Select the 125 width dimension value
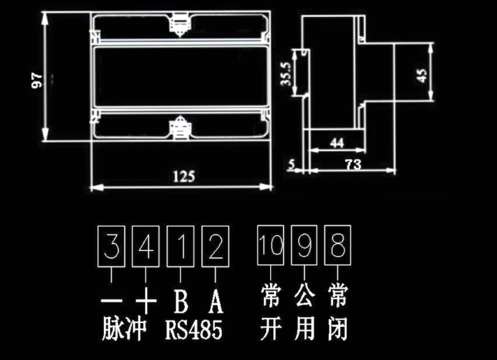click(184, 176)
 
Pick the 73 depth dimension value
click(352, 164)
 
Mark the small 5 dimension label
click(292, 164)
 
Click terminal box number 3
click(112, 247)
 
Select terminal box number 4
click(146, 247)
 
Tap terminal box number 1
click(180, 247)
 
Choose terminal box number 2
click(215, 247)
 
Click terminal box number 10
click(271, 245)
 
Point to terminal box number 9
click(305, 245)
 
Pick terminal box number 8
click(338, 245)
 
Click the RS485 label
click(194, 330)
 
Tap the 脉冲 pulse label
click(124, 329)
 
